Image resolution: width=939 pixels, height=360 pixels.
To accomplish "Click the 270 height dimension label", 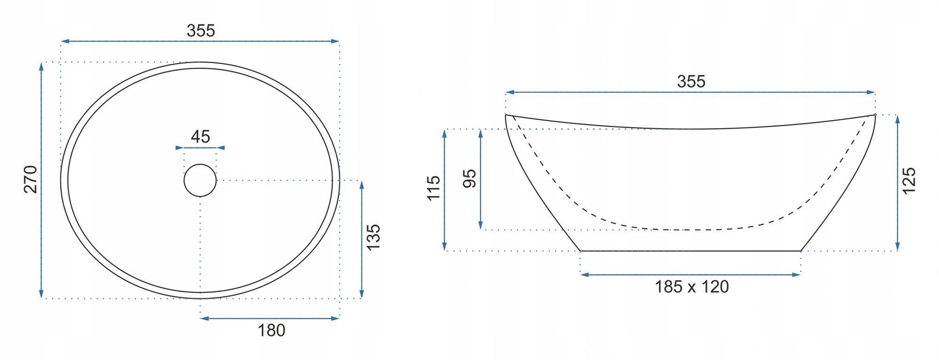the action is click(30, 179).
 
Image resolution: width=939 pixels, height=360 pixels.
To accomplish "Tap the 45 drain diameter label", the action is click(200, 137).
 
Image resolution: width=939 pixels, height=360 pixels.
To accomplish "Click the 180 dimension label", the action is click(271, 330).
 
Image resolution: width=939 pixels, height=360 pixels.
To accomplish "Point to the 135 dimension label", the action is click(373, 237).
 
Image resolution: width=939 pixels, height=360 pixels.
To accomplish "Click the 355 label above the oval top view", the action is click(201, 31).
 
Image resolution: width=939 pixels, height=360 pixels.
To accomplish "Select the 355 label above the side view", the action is click(691, 82).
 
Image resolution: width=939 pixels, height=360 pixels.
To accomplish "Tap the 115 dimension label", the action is click(433, 188).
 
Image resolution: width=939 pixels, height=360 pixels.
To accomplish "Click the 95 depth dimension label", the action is click(469, 179).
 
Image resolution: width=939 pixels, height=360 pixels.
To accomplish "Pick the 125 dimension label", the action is click(909, 181).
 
